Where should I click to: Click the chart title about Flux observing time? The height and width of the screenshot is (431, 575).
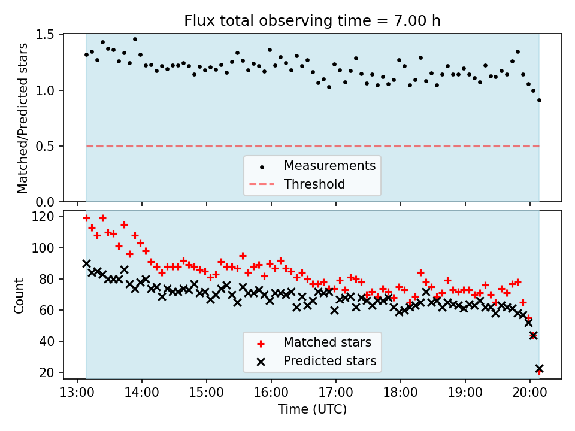point(312,21)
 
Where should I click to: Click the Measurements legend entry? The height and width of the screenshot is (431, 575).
point(329,165)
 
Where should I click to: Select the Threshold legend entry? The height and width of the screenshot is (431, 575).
point(314,184)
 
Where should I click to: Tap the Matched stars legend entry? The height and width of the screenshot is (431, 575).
point(327,342)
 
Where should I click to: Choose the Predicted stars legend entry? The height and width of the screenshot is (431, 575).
point(329,361)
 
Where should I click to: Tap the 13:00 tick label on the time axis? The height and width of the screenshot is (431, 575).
point(77,396)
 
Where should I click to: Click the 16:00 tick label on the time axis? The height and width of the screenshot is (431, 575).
point(271,396)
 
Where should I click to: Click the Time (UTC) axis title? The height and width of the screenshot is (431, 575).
point(312,410)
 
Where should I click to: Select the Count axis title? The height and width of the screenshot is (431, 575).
point(20,295)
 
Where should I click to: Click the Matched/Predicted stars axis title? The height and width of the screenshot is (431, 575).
point(23,118)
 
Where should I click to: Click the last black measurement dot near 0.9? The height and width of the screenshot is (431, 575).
point(539,100)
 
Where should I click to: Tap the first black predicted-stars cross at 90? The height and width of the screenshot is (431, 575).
point(86,263)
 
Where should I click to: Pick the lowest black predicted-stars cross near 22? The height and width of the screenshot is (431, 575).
point(539,369)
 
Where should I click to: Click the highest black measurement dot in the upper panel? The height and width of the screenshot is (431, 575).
point(135,40)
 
